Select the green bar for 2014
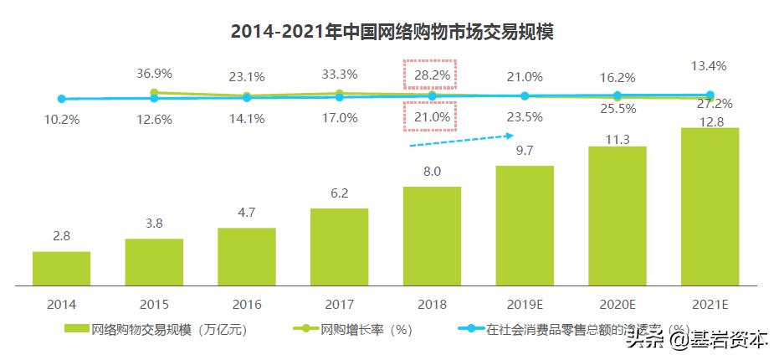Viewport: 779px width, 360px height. (61, 268)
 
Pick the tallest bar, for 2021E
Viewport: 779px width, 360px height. (710, 206)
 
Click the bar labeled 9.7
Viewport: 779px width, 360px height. (525, 225)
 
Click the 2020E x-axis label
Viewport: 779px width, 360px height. (617, 305)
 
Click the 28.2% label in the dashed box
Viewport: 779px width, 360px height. (432, 75)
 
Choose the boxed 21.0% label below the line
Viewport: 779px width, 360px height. (432, 117)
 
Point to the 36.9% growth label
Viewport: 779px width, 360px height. (154, 74)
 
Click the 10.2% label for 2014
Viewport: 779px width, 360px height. (61, 119)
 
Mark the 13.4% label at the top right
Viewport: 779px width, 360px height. (710, 66)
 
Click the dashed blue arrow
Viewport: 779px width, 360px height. (460, 138)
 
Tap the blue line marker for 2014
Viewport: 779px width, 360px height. (61, 99)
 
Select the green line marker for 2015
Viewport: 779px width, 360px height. (154, 93)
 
